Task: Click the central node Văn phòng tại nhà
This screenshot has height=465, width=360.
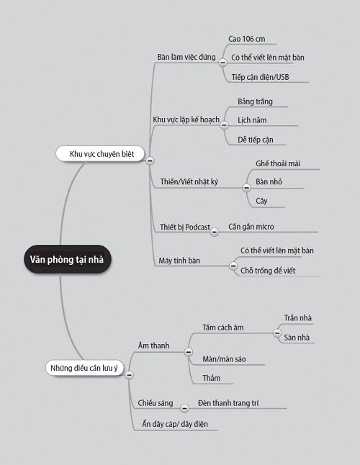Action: (x=67, y=259)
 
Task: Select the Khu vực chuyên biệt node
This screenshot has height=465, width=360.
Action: (x=100, y=153)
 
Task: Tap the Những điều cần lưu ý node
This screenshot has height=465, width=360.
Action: (x=84, y=368)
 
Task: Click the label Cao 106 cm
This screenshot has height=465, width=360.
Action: (x=247, y=39)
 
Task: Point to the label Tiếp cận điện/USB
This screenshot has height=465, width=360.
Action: (x=260, y=77)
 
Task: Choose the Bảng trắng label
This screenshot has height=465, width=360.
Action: (x=255, y=101)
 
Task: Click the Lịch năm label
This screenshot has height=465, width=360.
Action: (x=252, y=120)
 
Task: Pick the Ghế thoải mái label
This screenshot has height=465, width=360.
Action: (x=278, y=163)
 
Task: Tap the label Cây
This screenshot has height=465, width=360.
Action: (x=261, y=201)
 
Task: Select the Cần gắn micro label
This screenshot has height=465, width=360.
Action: (x=251, y=227)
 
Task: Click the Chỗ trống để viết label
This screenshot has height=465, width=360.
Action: (x=268, y=271)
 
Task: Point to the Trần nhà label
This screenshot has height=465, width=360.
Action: (x=298, y=318)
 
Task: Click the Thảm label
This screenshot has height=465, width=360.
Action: (x=212, y=378)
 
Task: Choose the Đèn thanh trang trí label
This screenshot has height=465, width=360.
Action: (x=228, y=403)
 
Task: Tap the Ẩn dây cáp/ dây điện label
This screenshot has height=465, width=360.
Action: (x=175, y=424)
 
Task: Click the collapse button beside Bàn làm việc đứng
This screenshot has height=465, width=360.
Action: (x=222, y=63)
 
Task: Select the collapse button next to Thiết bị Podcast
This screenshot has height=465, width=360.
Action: (x=215, y=232)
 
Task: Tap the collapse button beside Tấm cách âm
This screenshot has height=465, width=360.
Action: (x=277, y=333)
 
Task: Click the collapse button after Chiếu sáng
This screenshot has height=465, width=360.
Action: (x=184, y=408)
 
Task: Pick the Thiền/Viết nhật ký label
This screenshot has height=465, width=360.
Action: (x=189, y=181)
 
